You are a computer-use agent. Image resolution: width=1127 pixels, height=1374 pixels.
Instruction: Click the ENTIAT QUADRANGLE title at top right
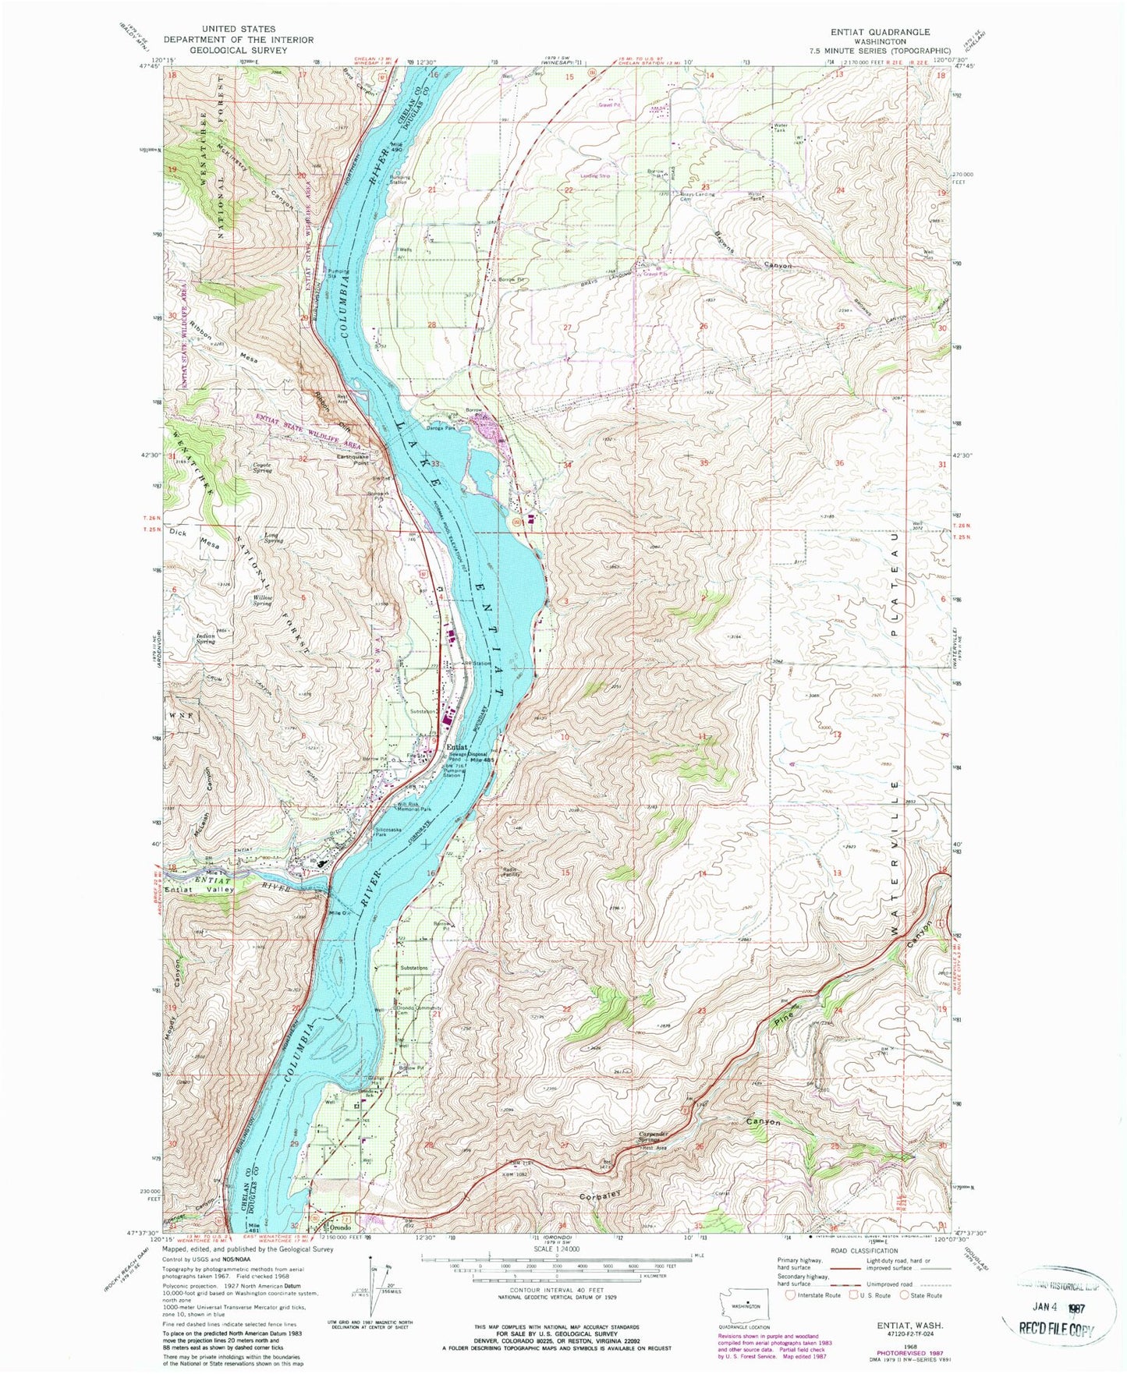pyautogui.click(x=882, y=32)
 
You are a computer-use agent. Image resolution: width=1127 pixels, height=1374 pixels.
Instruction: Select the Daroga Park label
pyautogui.click(x=440, y=427)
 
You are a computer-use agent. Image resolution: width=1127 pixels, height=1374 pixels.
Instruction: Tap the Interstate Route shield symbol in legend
pyautogui.click(x=792, y=1296)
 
